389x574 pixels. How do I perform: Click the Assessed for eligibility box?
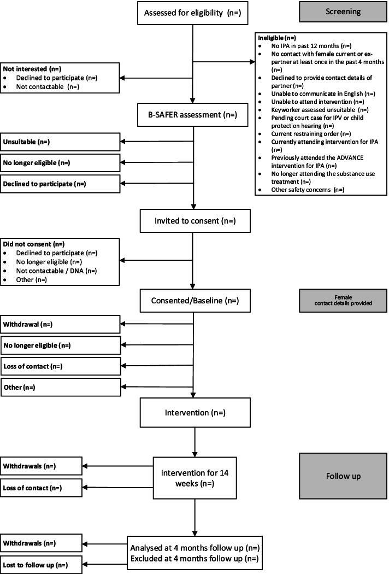[x=193, y=13]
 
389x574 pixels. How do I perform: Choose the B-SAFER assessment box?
[x=193, y=115]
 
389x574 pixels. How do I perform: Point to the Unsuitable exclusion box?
[x=60, y=142]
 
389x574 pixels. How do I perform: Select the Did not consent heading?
[x=31, y=244]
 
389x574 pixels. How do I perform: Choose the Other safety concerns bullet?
[x=303, y=190]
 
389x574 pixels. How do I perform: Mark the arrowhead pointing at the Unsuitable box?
[x=123, y=142]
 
